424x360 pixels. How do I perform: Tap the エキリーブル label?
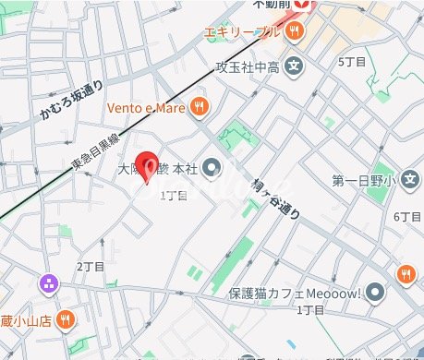[243, 31]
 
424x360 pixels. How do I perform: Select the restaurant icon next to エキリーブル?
[295, 30]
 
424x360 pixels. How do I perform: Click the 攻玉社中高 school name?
[247, 66]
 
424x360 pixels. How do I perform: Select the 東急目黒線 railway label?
[94, 151]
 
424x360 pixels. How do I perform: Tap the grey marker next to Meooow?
[375, 294]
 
